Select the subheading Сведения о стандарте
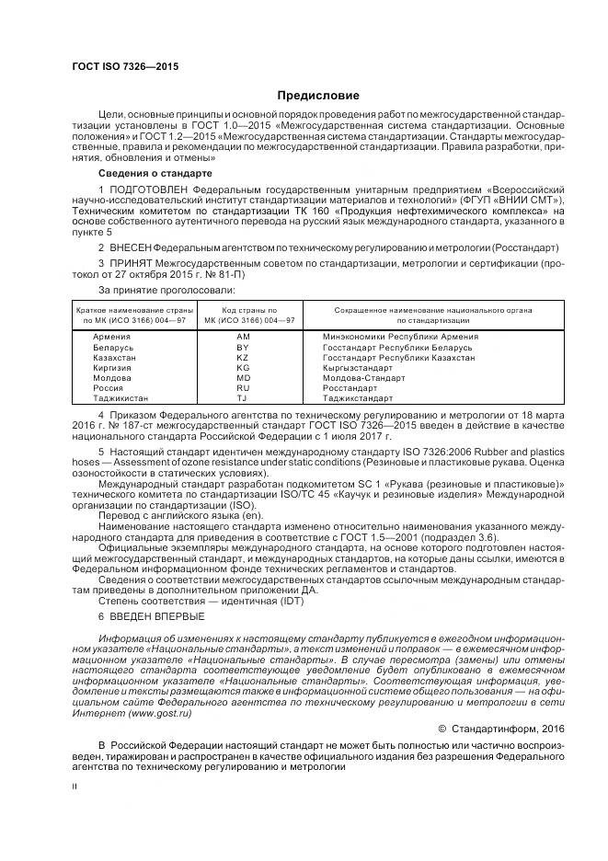coord(155,173)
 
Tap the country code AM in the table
coord(243,338)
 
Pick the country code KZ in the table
coord(243,358)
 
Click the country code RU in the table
coord(243,388)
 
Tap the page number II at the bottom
coord(75,787)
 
